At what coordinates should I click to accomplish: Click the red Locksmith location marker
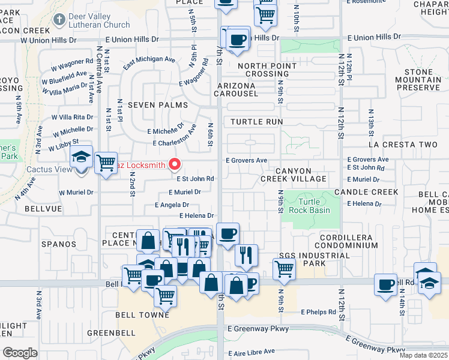175,164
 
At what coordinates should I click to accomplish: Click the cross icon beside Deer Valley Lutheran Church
58,20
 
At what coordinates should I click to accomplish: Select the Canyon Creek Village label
294,175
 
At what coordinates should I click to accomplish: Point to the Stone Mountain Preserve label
418,80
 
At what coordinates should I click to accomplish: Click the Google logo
19,352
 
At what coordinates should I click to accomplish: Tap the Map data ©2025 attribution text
423,355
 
